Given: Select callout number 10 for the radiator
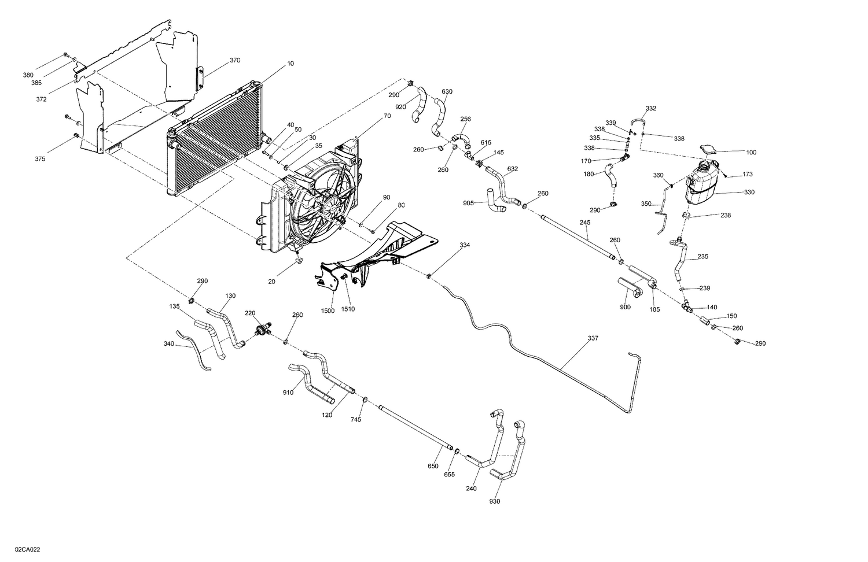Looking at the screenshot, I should (290, 64).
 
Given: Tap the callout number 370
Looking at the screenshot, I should (234, 60).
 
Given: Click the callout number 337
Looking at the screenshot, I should (593, 338).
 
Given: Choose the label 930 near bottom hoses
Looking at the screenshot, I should (494, 501).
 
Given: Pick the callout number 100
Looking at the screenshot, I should (751, 153).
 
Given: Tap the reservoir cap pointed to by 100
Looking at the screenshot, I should (707, 150).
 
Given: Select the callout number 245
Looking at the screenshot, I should (584, 222).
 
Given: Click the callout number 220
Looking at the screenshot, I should (249, 313).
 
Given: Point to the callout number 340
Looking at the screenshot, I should (169, 345).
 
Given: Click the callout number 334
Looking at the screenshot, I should (465, 245).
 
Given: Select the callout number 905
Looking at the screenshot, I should (468, 203).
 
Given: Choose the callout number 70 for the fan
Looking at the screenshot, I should (387, 116).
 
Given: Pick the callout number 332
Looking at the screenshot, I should (650, 108).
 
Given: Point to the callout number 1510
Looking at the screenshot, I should (348, 309).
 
